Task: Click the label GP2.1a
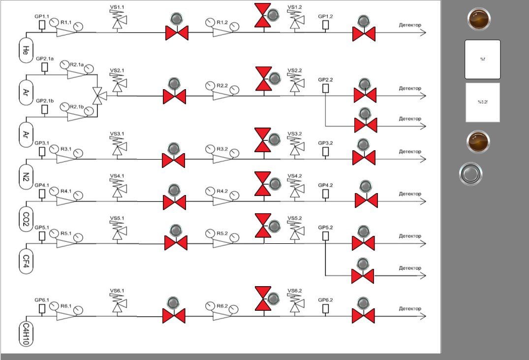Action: [x=45, y=59]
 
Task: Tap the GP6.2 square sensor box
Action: [x=325, y=308]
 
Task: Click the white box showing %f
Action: [x=482, y=59]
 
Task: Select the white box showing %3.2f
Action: [x=482, y=102]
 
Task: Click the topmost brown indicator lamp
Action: [x=479, y=19]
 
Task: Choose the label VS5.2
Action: [x=294, y=218]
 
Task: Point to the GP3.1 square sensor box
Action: [x=42, y=152]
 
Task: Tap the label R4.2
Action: [x=222, y=191]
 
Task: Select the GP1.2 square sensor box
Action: [x=325, y=25]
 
